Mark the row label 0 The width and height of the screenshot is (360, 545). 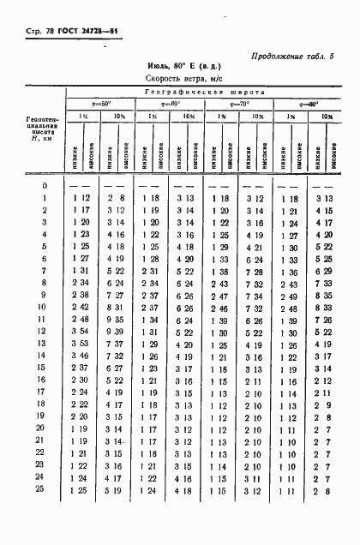(44, 185)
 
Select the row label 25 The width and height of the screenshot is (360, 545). (44, 488)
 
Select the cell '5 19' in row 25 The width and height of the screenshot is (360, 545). (117, 488)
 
